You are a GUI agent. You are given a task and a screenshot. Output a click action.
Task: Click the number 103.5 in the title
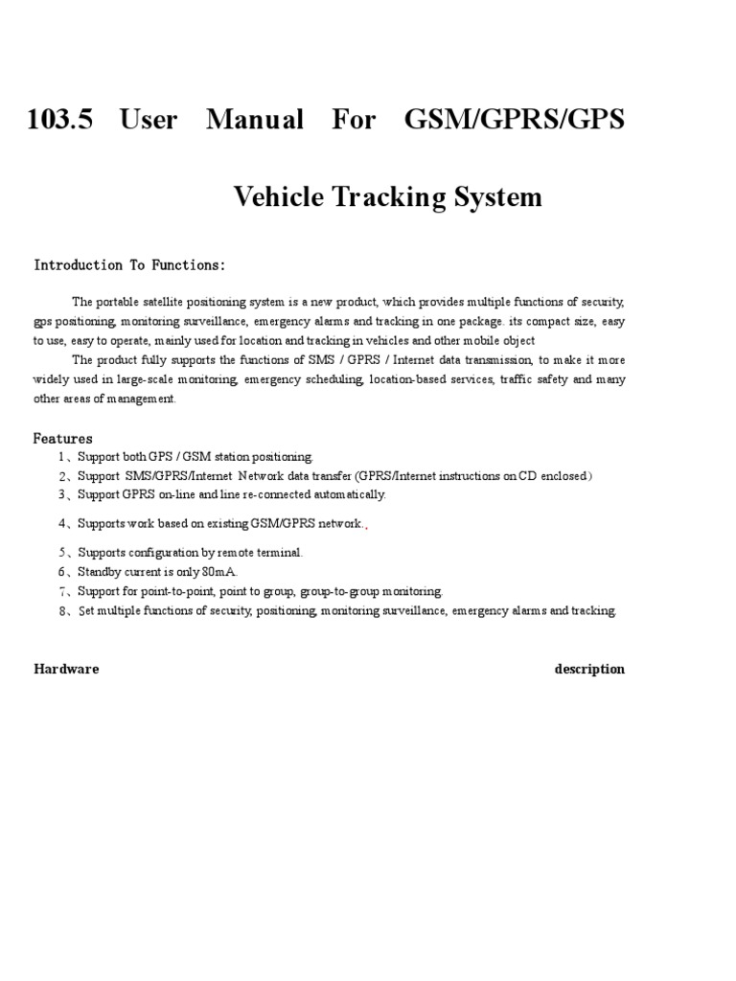click(61, 120)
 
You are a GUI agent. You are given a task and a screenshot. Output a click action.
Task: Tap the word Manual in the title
click(254, 120)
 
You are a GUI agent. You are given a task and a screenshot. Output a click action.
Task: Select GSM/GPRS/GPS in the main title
click(515, 120)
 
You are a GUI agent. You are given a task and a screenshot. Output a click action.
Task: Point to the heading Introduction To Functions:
click(129, 265)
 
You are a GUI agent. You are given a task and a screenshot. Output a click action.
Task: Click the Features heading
click(63, 439)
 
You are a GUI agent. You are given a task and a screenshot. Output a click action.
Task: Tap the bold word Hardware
click(66, 669)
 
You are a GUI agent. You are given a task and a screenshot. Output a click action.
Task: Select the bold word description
click(588, 669)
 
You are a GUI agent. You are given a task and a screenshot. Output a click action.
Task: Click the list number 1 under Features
click(60, 457)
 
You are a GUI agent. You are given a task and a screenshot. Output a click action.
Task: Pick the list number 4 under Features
click(61, 524)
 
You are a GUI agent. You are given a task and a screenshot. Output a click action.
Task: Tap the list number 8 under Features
click(61, 611)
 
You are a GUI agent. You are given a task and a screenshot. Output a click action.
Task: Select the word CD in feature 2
click(527, 476)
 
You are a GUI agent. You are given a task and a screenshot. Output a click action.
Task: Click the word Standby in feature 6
click(100, 572)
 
